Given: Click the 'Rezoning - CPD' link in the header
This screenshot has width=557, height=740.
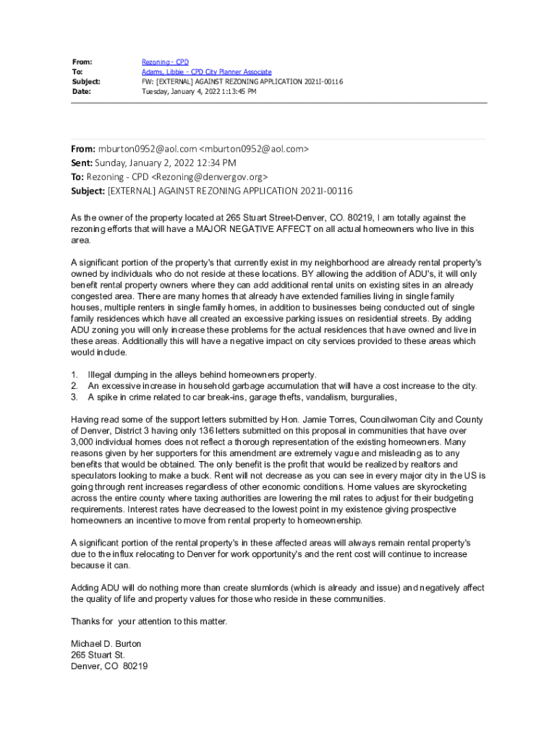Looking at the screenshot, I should [x=165, y=62].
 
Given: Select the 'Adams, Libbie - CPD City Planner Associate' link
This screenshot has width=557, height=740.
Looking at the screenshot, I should [x=206, y=72].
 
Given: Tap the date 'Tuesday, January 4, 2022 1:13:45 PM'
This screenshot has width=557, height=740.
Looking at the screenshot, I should [x=199, y=92].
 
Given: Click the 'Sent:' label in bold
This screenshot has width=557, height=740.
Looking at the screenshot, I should [x=82, y=163].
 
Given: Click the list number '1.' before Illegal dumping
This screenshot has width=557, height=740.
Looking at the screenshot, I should [x=75, y=374].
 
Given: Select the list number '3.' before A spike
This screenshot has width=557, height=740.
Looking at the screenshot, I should [x=75, y=397].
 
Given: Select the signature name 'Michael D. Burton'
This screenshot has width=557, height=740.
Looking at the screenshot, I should [x=106, y=643].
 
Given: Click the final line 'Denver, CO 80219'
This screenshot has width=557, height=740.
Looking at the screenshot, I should [x=109, y=666].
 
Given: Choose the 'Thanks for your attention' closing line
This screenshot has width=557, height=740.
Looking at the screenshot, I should [x=148, y=621].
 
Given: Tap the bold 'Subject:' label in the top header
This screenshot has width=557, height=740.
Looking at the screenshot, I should [x=86, y=82].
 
